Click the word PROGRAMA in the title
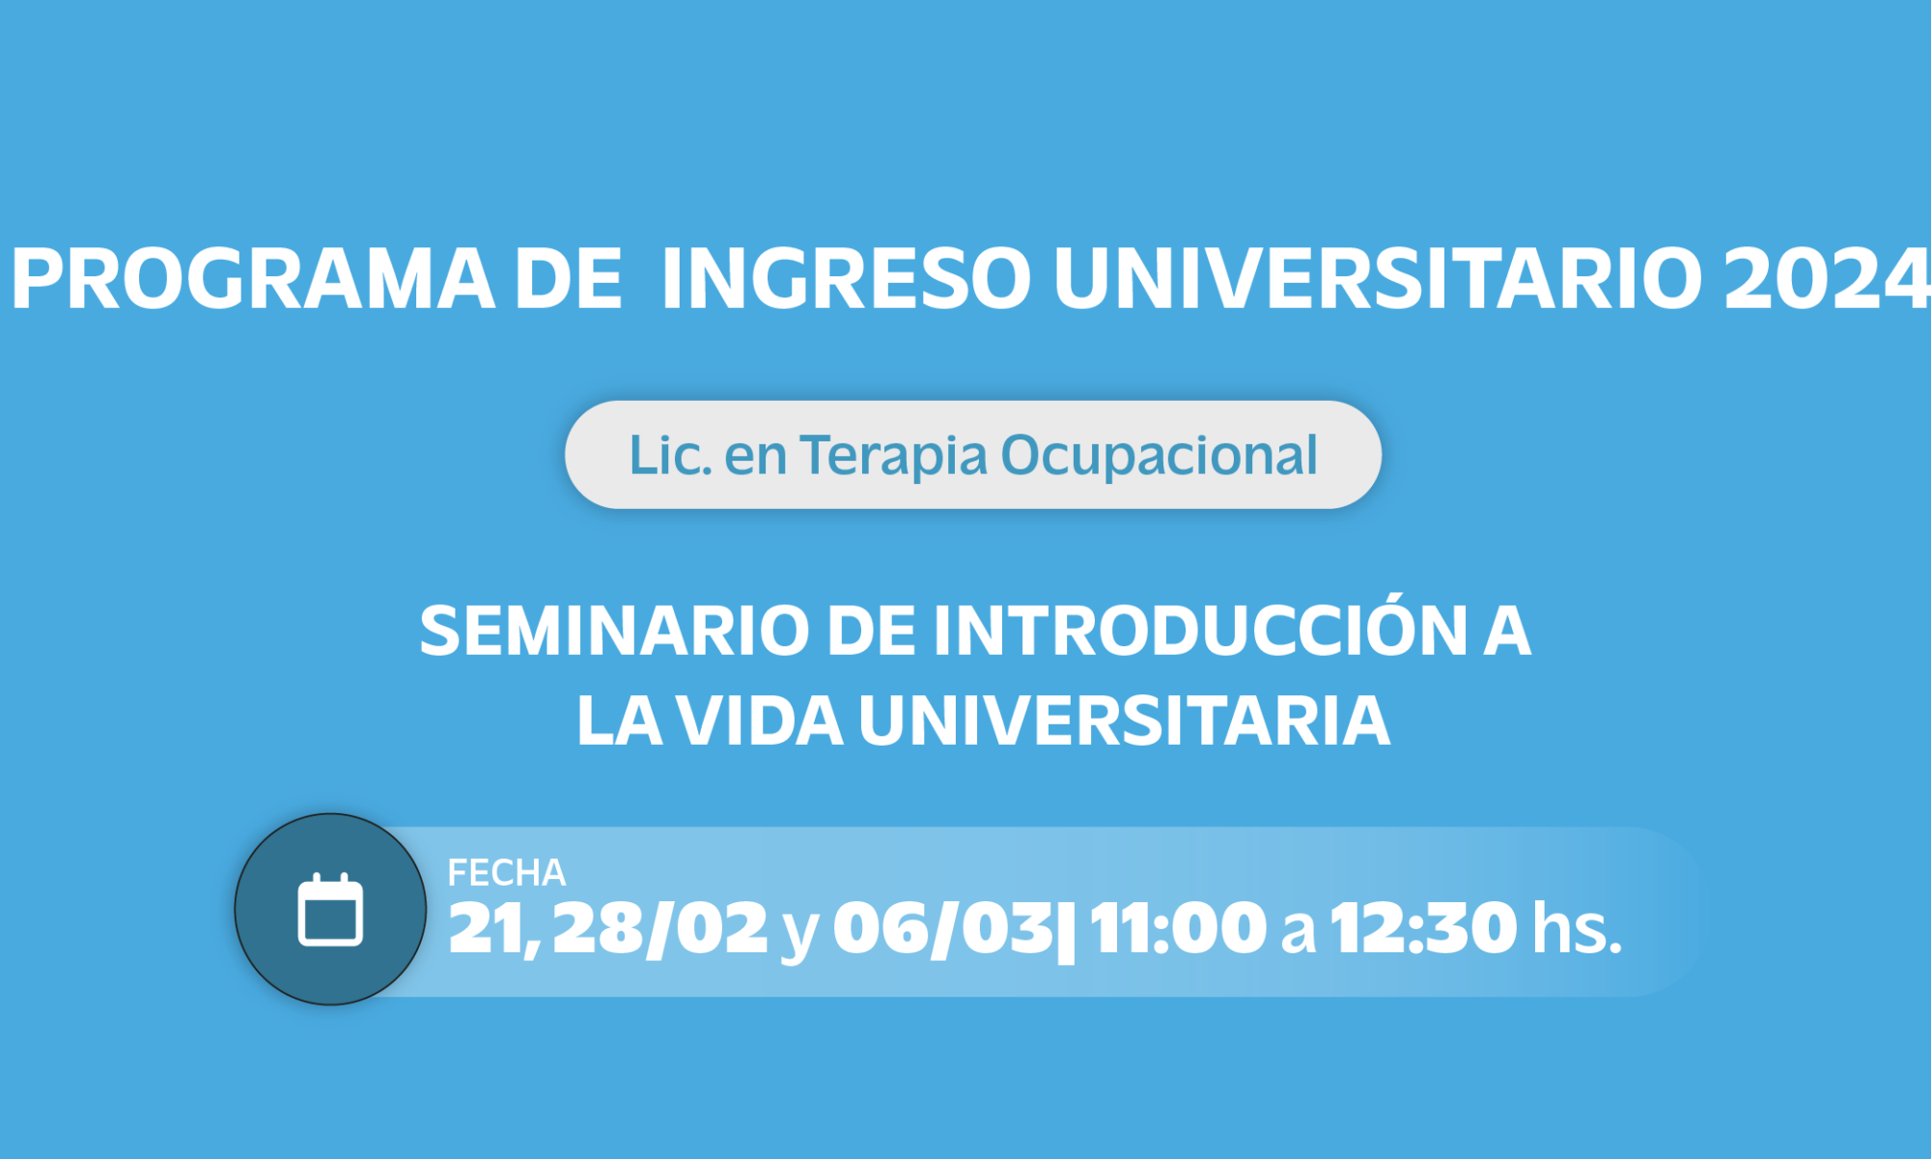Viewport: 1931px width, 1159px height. coord(253,278)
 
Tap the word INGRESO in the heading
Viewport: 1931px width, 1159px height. coord(847,278)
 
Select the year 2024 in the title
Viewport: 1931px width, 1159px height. coord(1827,278)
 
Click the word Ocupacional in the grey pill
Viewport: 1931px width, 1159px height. coord(1159,456)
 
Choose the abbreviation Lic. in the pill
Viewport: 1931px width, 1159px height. coord(670,455)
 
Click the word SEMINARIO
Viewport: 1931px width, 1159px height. coord(614,631)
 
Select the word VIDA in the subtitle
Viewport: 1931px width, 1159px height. coord(760,721)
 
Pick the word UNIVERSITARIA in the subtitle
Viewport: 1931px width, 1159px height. coord(1124,721)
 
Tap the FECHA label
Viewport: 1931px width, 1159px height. coord(507,873)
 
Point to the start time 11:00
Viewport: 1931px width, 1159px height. coord(1178,928)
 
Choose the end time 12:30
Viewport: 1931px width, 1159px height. coord(1424,928)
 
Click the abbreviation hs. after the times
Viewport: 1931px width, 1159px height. coord(1578,928)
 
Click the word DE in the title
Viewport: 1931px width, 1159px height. coord(569,278)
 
